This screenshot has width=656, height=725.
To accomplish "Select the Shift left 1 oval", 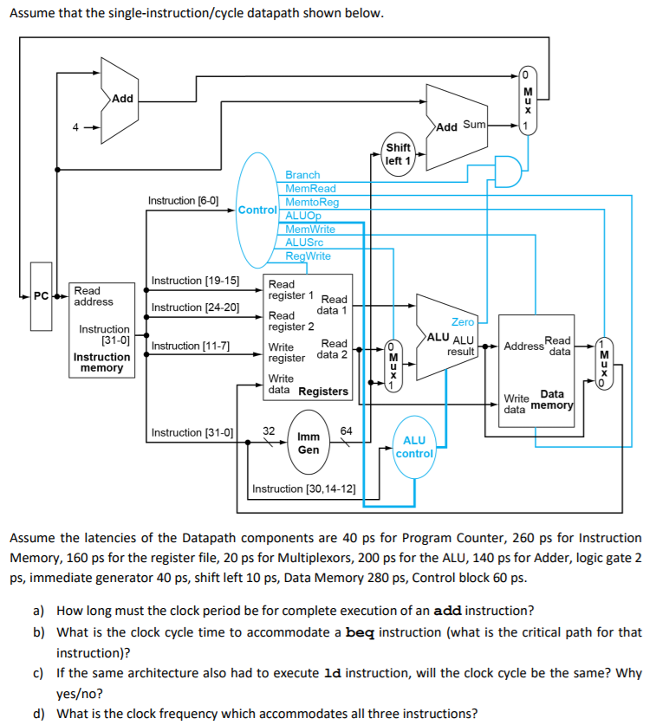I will [x=399, y=154].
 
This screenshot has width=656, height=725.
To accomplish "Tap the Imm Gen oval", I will [x=309, y=443].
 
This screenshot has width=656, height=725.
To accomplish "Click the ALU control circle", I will [x=414, y=447].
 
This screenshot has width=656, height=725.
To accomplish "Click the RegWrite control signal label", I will [x=308, y=256].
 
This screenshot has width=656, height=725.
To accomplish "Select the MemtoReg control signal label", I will [x=312, y=202].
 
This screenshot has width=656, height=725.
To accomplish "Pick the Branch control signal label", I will [x=302, y=175].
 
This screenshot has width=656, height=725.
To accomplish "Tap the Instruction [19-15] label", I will [x=195, y=280].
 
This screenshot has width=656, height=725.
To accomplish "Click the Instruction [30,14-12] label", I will [x=303, y=489].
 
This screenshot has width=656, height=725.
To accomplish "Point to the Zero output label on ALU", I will [x=463, y=321].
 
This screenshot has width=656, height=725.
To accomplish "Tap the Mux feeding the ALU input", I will [x=393, y=364].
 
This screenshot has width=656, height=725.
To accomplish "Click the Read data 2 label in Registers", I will [x=333, y=349].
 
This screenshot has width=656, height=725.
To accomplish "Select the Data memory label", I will [x=552, y=399].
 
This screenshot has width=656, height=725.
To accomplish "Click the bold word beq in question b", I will [x=360, y=632].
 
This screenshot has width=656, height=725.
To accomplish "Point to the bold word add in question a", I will [x=446, y=610].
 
